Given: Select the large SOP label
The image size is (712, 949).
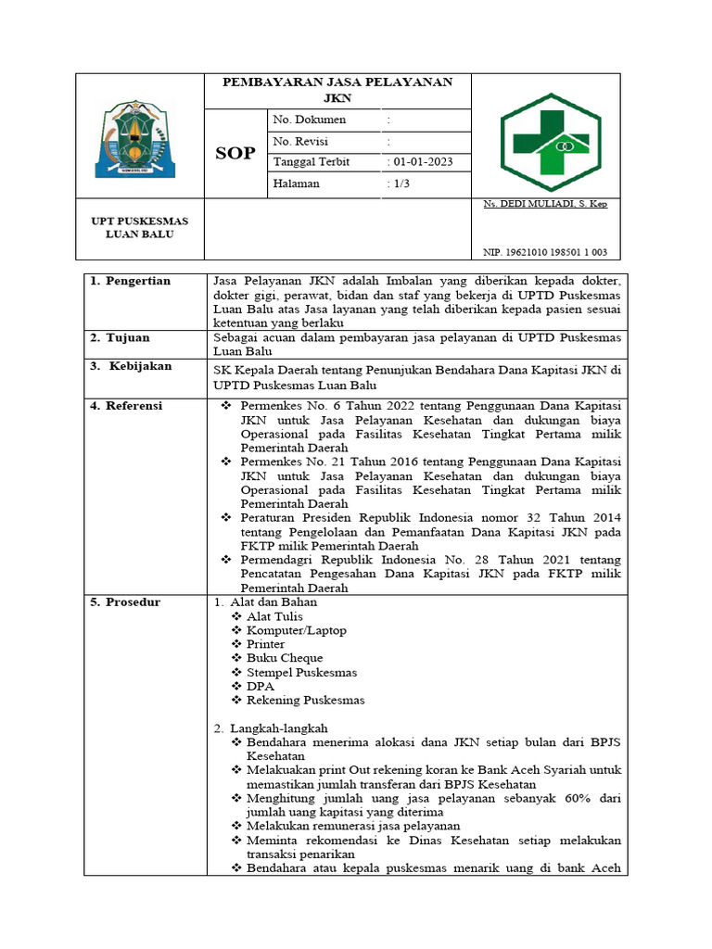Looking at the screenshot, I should click(x=235, y=153).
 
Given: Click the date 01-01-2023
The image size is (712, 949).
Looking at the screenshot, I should click(x=423, y=162).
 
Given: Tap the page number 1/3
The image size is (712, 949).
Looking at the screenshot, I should click(x=402, y=183).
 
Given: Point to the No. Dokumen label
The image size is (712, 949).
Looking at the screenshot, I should click(x=310, y=120).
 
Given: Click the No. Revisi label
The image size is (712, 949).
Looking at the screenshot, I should click(x=302, y=141).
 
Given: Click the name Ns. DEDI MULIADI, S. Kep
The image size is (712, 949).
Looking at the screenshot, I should click(x=545, y=204).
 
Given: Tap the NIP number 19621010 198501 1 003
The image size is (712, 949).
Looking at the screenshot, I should click(x=545, y=252).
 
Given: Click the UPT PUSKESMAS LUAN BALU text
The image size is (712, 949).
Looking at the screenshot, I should click(x=139, y=227).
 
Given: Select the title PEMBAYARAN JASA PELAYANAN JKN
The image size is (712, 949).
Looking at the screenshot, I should click(x=337, y=89).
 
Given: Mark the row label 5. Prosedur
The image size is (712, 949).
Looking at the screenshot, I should click(x=125, y=602).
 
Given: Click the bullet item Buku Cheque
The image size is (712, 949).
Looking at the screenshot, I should click(x=284, y=658).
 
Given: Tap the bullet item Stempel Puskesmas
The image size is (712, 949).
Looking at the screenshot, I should click(x=301, y=672).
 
